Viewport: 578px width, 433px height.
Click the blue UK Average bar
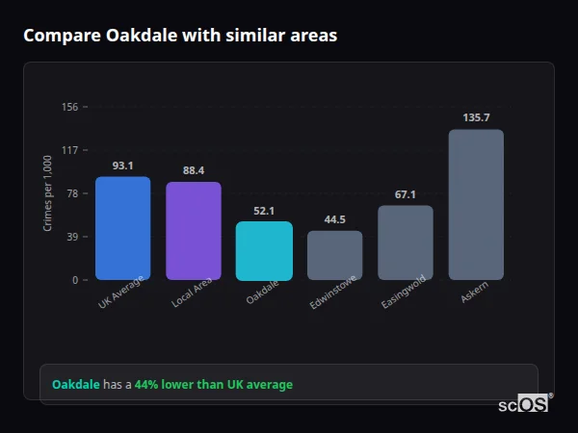tap(122, 228)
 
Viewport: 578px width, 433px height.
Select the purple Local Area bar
tap(194, 231)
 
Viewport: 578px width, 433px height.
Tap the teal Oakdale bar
tap(264, 251)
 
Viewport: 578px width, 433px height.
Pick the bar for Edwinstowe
tap(335, 255)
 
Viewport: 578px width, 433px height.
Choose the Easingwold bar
tap(406, 242)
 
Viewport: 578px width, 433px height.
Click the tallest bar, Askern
tap(476, 205)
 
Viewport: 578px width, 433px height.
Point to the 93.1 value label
tap(122, 166)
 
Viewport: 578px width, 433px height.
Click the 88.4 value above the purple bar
tap(194, 170)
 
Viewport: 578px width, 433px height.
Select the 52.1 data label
tap(264, 211)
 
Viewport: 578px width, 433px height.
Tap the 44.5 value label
tap(335, 219)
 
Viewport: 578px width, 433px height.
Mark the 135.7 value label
tap(476, 117)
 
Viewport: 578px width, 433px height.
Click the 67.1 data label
tap(406, 194)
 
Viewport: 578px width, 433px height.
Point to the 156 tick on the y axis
tap(69, 107)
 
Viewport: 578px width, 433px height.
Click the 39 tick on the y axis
tap(72, 237)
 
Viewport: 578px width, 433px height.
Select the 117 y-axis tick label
tap(69, 150)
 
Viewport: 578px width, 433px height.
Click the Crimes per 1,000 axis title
tap(47, 193)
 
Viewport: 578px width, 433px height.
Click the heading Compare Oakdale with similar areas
tap(180, 36)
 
